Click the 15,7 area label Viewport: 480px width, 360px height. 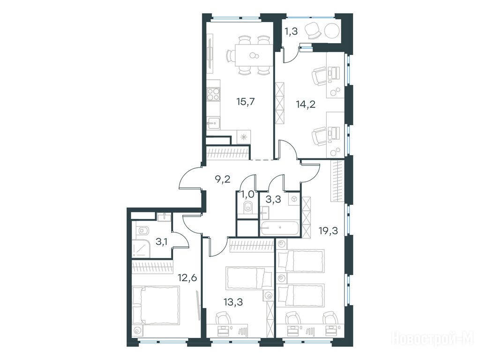tap(246, 101)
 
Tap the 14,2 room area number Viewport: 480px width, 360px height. tap(306, 105)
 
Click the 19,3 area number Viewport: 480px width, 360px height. tap(329, 231)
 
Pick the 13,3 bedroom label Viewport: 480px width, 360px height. tap(233, 302)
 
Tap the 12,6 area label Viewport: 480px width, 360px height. tap(187, 278)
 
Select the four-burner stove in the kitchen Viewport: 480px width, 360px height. tap(213, 94)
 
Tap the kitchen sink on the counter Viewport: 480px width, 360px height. tap(213, 123)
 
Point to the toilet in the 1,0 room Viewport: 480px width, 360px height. tap(248, 207)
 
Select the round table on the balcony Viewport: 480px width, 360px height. tap(332, 31)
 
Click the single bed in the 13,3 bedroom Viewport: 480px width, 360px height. tap(249, 278)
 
